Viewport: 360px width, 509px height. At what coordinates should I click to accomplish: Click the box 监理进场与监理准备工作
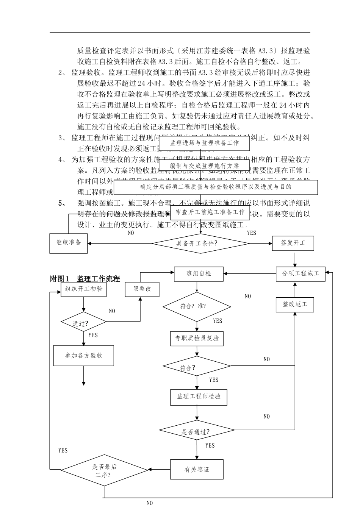(204, 143)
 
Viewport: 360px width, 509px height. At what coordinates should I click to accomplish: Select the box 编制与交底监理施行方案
(204, 166)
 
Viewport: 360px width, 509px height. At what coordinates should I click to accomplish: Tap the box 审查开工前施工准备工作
(210, 212)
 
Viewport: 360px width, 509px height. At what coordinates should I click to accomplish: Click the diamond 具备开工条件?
(197, 244)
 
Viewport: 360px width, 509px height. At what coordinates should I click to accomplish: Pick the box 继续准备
(69, 243)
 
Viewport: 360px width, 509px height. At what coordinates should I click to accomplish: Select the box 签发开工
(293, 243)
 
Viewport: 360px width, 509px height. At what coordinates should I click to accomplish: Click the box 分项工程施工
(300, 273)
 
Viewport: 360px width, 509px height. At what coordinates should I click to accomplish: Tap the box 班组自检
(199, 274)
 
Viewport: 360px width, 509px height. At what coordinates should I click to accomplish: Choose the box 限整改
(142, 289)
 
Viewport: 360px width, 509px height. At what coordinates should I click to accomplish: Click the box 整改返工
(295, 304)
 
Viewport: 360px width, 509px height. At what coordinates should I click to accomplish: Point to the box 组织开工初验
(84, 289)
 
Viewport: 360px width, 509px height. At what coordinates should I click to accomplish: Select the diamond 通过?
(84, 322)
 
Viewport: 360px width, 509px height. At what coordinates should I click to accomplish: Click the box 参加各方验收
(84, 356)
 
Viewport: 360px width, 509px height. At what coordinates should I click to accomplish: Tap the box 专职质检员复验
(197, 338)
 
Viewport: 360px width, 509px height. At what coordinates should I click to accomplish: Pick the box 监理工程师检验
(199, 397)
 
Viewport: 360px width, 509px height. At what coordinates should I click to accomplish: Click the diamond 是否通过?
(197, 431)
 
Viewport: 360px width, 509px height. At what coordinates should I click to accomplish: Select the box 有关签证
(197, 470)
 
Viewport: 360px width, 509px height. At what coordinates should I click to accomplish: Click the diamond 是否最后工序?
(104, 470)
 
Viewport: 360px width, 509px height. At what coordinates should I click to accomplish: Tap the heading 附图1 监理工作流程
(85, 279)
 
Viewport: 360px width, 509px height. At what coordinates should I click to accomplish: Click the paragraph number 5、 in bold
(62, 203)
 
